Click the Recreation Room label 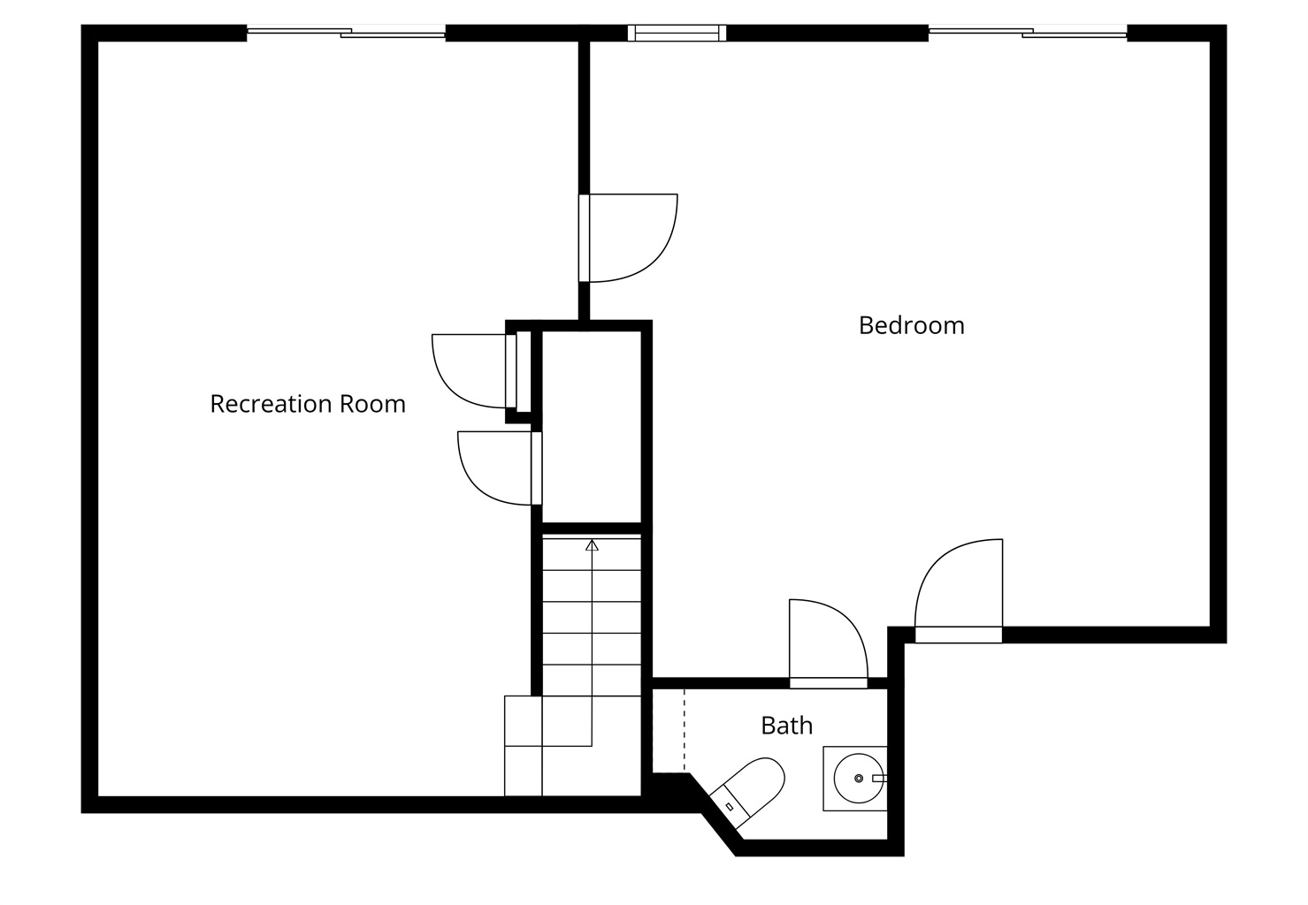pyautogui.click(x=308, y=404)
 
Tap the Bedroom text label pyautogui.click(x=912, y=325)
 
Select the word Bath pyautogui.click(x=786, y=726)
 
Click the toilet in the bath pyautogui.click(x=748, y=793)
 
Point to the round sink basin pyautogui.click(x=859, y=779)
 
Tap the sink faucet pyautogui.click(x=879, y=779)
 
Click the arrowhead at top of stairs pyautogui.click(x=593, y=545)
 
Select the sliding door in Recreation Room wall pyautogui.click(x=347, y=33)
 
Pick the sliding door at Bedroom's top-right pyautogui.click(x=1028, y=33)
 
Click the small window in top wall pyautogui.click(x=677, y=33)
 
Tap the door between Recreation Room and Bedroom pyautogui.click(x=628, y=238)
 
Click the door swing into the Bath pyautogui.click(x=829, y=643)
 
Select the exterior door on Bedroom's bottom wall pyautogui.click(x=959, y=590)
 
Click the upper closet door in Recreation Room pyautogui.click(x=474, y=371)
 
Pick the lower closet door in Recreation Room pyautogui.click(x=500, y=468)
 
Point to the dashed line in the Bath pyautogui.click(x=685, y=730)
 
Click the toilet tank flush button pyautogui.click(x=730, y=806)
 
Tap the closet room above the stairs pyautogui.click(x=592, y=427)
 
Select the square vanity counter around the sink pyautogui.click(x=855, y=779)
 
